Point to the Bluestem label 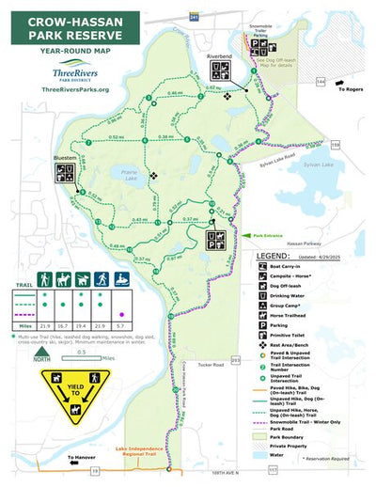[x=66, y=158]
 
